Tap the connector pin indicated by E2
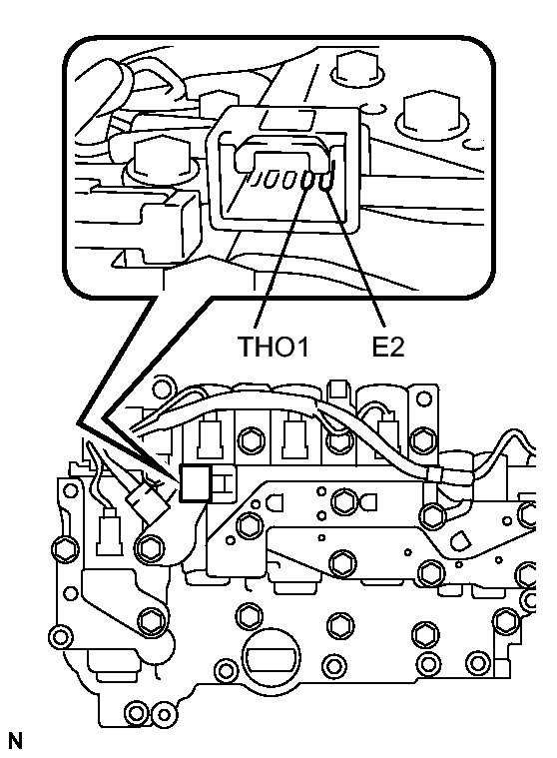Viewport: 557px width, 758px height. (325, 182)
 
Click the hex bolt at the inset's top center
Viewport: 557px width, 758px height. (355, 67)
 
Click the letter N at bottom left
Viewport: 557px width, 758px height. (15, 740)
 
